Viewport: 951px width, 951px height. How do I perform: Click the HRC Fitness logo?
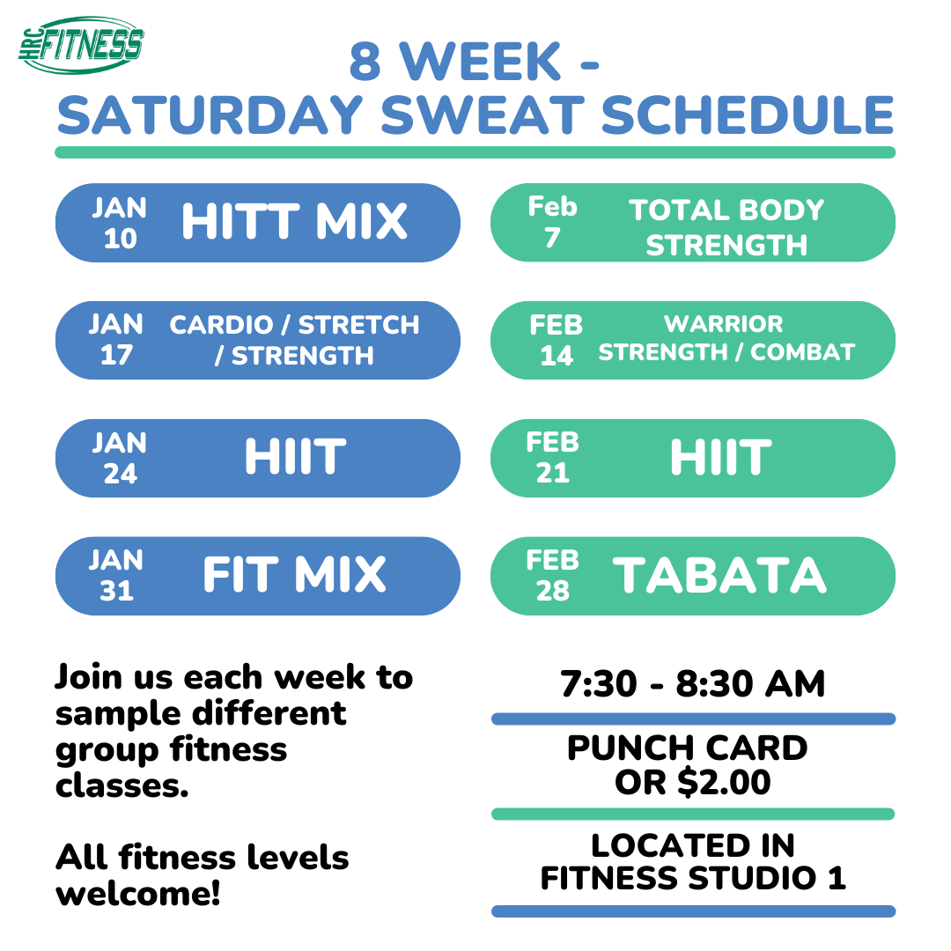(x=81, y=44)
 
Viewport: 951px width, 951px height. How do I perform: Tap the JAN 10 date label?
(x=120, y=223)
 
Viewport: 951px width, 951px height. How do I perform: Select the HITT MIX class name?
(x=294, y=223)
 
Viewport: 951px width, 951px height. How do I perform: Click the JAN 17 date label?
(x=115, y=340)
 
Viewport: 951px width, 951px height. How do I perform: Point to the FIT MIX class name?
(x=294, y=575)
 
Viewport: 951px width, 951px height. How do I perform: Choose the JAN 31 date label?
(x=116, y=575)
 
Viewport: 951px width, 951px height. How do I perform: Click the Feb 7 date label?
(x=552, y=222)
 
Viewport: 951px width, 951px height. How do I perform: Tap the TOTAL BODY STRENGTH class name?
(x=726, y=227)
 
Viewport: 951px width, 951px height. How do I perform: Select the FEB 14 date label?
(x=556, y=340)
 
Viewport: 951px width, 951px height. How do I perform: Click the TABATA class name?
(x=719, y=575)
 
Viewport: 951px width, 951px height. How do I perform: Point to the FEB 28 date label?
(x=552, y=575)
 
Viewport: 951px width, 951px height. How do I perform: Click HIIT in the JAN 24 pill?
(x=294, y=458)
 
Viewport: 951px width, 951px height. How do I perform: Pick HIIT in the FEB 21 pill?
(x=719, y=458)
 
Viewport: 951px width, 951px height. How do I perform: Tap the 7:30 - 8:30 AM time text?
(x=693, y=684)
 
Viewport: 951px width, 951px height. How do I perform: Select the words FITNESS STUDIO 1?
(x=693, y=878)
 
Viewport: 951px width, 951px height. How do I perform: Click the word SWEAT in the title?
(x=477, y=114)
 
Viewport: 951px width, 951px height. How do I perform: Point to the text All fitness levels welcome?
(x=203, y=875)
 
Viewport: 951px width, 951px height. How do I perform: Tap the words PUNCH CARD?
(x=688, y=748)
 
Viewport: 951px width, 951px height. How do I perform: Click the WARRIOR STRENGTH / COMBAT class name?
(x=726, y=339)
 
